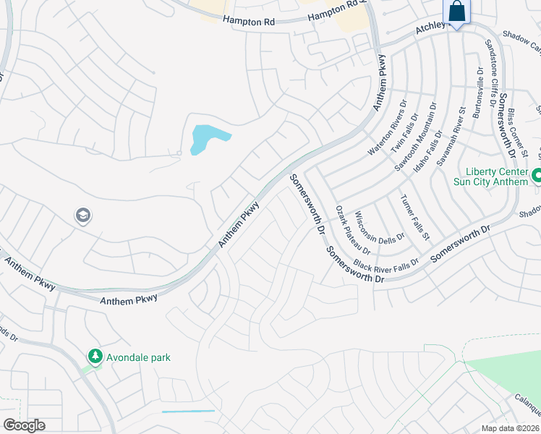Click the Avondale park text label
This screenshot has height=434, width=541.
tap(138, 357)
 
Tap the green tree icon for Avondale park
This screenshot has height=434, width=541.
tap(95, 357)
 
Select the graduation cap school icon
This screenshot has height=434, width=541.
tap(82, 216)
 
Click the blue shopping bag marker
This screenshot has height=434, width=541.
tap(456, 12)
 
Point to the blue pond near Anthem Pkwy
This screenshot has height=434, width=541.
tap(206, 138)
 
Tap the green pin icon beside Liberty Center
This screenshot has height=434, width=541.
tap(537, 176)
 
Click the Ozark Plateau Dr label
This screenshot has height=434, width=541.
tap(353, 230)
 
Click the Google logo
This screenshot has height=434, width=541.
tap(25, 425)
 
